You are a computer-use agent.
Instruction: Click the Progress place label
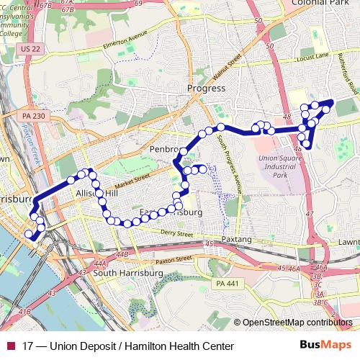click(206, 89)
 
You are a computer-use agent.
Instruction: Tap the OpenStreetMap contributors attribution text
click(298, 323)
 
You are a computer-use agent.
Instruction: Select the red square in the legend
click(11, 346)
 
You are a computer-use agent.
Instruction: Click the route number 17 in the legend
click(28, 346)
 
